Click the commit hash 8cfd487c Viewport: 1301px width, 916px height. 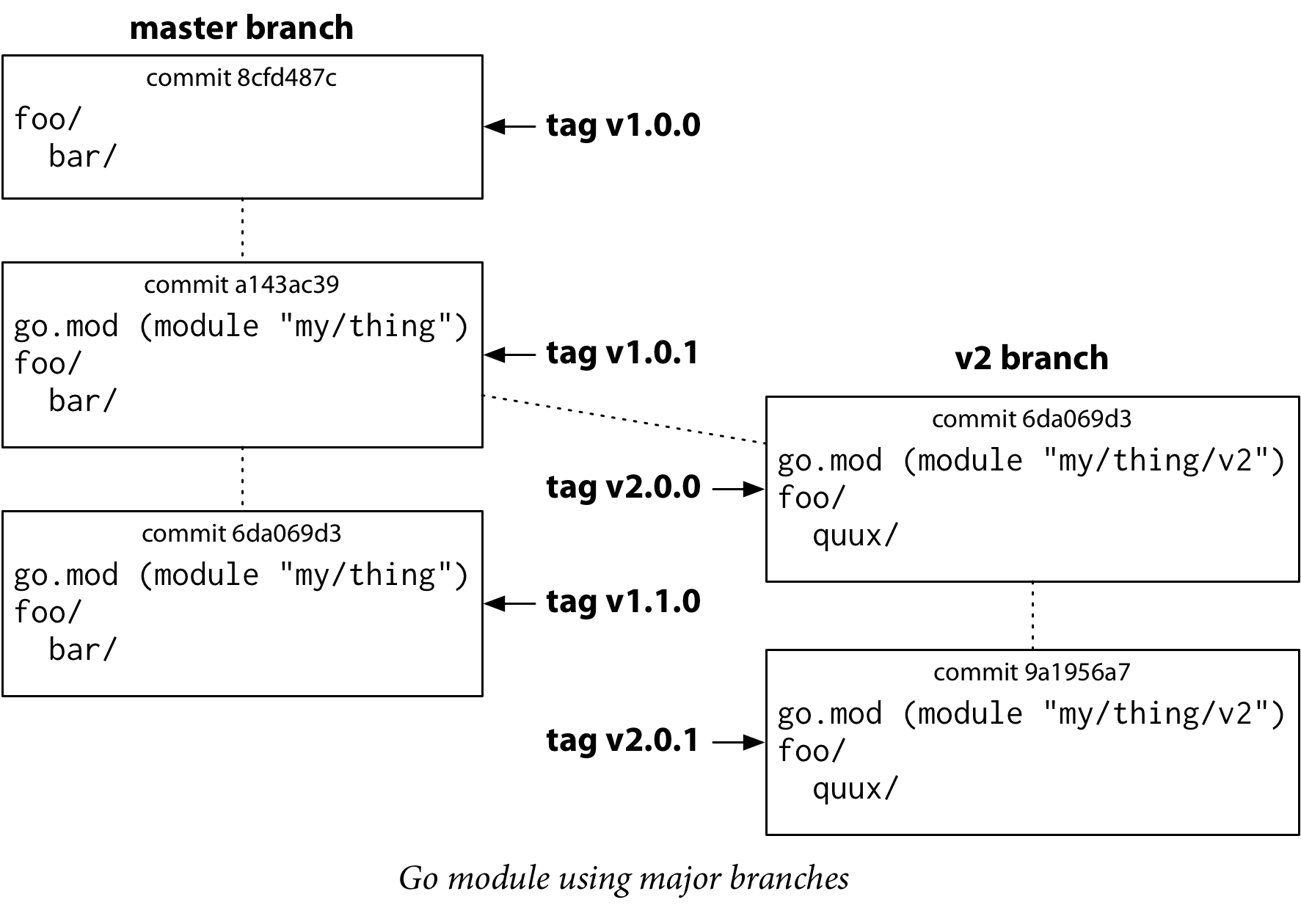[x=287, y=78]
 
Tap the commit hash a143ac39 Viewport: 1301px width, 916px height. [x=287, y=285]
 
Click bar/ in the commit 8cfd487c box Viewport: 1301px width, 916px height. [x=82, y=157]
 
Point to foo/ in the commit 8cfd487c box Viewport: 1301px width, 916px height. [x=47, y=119]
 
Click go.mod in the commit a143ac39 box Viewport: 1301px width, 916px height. [x=66, y=326]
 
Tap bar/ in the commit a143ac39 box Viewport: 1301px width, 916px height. [x=82, y=401]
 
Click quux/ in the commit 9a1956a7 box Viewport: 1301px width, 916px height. [x=855, y=789]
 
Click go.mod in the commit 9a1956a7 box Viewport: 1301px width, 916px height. [x=829, y=713]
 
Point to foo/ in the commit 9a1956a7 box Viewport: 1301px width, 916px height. [x=812, y=752]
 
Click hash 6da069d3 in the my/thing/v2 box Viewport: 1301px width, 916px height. [x=1076, y=419]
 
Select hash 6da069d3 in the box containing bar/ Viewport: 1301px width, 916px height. [x=287, y=534]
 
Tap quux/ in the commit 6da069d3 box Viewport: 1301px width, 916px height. [x=855, y=536]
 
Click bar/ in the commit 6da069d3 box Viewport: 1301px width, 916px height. [x=82, y=650]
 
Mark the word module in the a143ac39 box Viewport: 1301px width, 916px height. [x=206, y=326]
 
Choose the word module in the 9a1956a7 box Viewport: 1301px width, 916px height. [x=970, y=713]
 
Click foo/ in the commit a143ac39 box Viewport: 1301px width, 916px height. [x=47, y=364]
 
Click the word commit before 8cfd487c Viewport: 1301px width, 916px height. [x=189, y=78]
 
